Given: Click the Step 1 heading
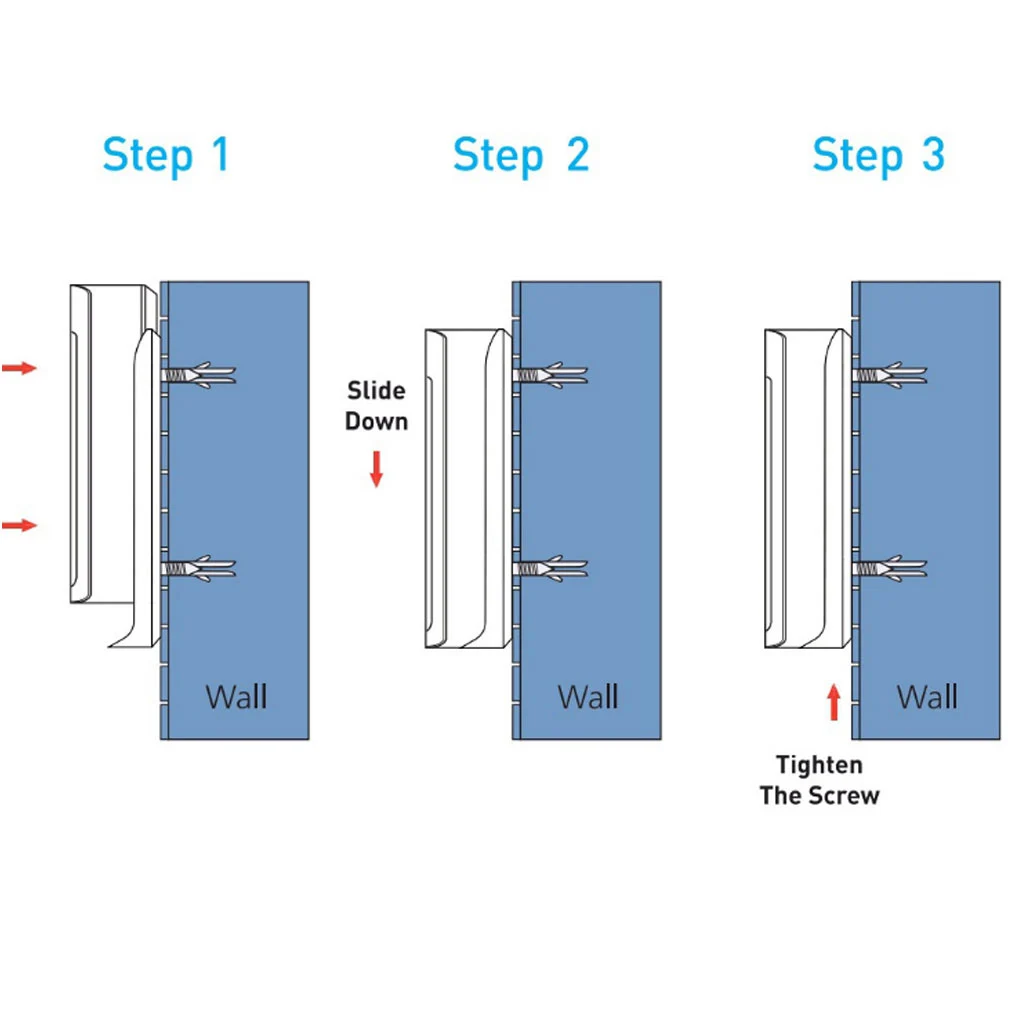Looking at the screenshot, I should [x=166, y=156].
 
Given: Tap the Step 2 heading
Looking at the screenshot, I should [x=520, y=156].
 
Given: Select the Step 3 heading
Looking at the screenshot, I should [x=878, y=156].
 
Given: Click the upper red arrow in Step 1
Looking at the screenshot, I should [x=19, y=369].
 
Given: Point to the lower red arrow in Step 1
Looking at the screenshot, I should [x=19, y=525].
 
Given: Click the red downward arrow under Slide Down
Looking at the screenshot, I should [x=376, y=469].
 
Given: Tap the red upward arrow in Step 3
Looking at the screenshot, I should [x=834, y=702].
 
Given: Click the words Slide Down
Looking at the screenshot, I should [x=376, y=405].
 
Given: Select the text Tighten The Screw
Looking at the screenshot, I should [x=819, y=781].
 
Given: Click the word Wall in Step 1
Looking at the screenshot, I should [x=236, y=696].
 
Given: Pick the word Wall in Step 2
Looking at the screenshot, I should [x=588, y=696].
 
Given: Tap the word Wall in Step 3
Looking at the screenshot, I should [x=927, y=696].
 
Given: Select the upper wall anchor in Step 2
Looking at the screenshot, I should [x=550, y=375].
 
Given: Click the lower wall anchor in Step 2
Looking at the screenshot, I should [x=550, y=569].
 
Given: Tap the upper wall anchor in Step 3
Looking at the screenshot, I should [x=890, y=375].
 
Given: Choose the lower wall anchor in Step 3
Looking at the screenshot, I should [x=890, y=569].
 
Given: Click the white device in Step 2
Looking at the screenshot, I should [x=467, y=488].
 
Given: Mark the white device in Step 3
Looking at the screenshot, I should [x=806, y=488].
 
